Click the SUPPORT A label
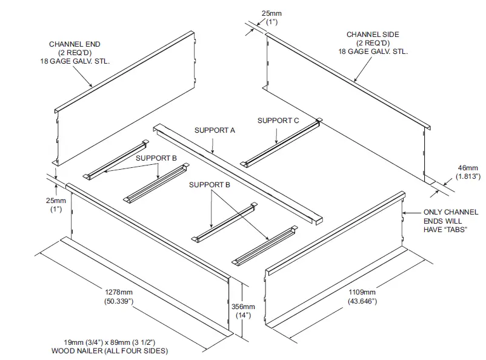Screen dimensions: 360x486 [215, 130]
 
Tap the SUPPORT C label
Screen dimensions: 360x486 [278, 121]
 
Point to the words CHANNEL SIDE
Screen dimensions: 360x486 [372, 35]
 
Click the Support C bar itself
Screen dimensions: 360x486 [281, 143]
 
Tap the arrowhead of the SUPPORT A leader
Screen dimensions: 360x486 [213, 150]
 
